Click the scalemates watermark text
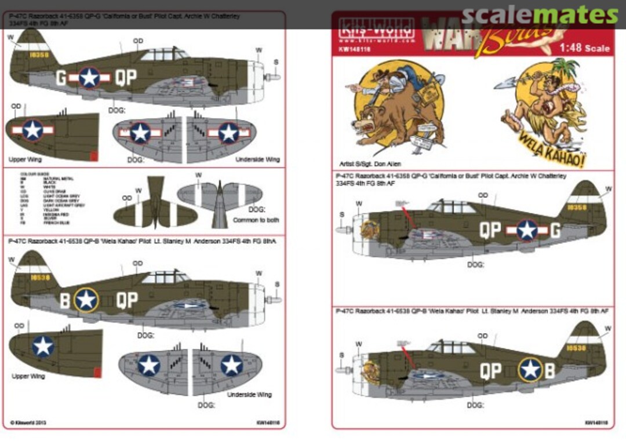540,16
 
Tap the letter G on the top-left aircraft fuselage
61,78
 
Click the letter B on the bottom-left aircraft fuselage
65,300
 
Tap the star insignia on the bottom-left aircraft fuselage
87,300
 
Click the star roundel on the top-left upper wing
33,130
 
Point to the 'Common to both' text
256,220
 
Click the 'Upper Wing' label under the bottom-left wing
27,376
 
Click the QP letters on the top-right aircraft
490,230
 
